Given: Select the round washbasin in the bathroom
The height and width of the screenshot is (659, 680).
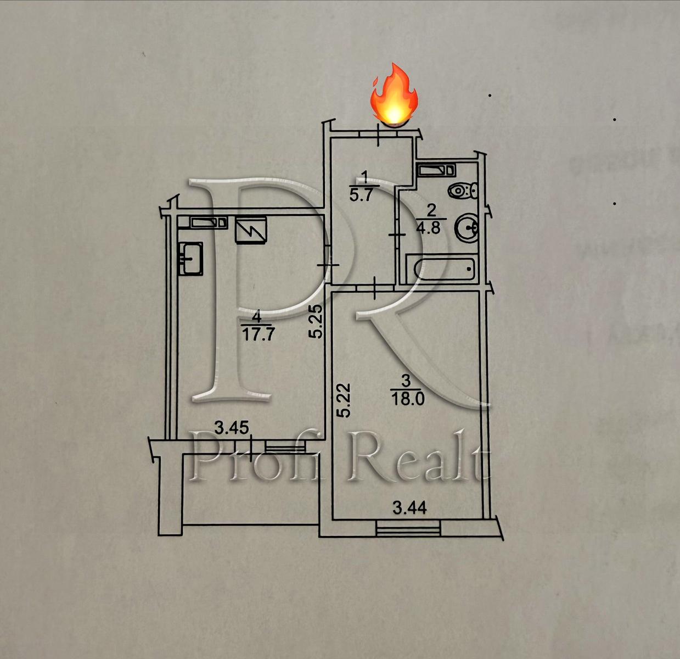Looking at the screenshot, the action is pyautogui.click(x=466, y=228).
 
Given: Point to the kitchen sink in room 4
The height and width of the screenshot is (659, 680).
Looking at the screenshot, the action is pyautogui.click(x=191, y=259).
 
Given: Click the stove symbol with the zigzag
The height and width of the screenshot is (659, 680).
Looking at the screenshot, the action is pyautogui.click(x=251, y=230).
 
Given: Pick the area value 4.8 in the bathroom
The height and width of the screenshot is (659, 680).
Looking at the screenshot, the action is pyautogui.click(x=429, y=227).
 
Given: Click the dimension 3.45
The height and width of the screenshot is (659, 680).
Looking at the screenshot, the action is pyautogui.click(x=231, y=428).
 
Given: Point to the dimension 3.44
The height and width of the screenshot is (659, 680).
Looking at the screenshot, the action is pyautogui.click(x=409, y=507).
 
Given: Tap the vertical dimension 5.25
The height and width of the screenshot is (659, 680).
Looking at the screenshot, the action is pyautogui.click(x=315, y=322).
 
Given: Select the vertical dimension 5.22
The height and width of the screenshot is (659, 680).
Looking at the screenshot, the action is pyautogui.click(x=344, y=400).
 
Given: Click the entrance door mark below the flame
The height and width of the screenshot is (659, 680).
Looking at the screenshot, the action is pyautogui.click(x=379, y=134).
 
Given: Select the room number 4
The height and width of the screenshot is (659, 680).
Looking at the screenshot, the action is pyautogui.click(x=257, y=317).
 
